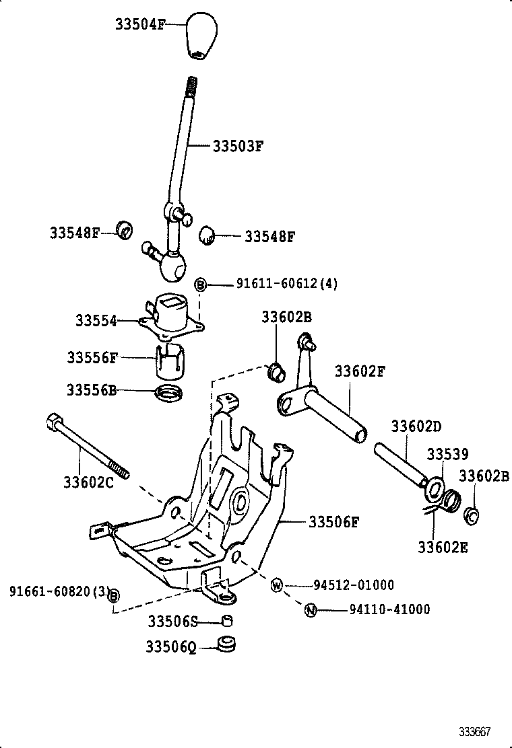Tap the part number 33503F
coord(237,145)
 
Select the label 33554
coord(95,322)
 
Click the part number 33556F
coord(92,358)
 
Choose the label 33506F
coord(333,521)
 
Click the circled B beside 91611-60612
coord(201,285)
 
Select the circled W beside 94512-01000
coord(277,585)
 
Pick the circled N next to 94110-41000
coord(311,610)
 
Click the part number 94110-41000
coord(389,610)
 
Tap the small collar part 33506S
coord(228,620)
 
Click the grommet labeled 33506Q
coord(226,644)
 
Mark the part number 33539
coord(446,455)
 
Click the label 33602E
coord(442,547)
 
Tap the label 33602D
coord(416,426)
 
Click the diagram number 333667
coord(476,731)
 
